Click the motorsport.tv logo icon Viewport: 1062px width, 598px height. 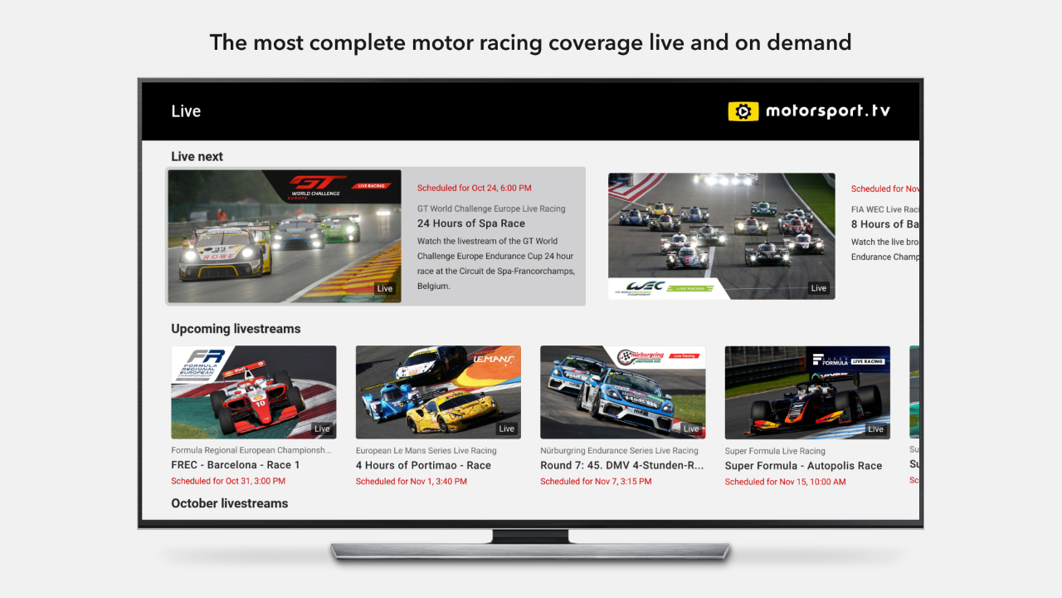click(743, 111)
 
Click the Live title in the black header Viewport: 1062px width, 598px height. click(186, 111)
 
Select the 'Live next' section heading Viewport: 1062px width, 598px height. click(197, 156)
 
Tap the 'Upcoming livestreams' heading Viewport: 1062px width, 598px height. click(236, 329)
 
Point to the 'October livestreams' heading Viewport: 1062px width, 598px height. click(229, 503)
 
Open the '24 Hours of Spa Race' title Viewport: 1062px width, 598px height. click(470, 223)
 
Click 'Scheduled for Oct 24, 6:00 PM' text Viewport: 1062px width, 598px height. click(474, 188)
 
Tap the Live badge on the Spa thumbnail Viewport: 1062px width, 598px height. click(384, 288)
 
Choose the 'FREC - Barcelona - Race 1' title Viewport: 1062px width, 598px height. click(236, 465)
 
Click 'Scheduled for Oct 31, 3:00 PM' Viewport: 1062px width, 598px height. click(228, 481)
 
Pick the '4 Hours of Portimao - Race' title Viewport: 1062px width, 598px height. click(423, 465)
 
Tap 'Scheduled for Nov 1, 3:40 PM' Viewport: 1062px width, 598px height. click(411, 481)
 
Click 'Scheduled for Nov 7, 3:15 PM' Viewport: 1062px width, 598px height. click(596, 481)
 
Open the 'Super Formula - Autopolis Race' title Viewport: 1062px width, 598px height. click(803, 465)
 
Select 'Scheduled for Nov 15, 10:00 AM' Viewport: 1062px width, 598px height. click(785, 481)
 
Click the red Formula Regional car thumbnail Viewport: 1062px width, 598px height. click(253, 392)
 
